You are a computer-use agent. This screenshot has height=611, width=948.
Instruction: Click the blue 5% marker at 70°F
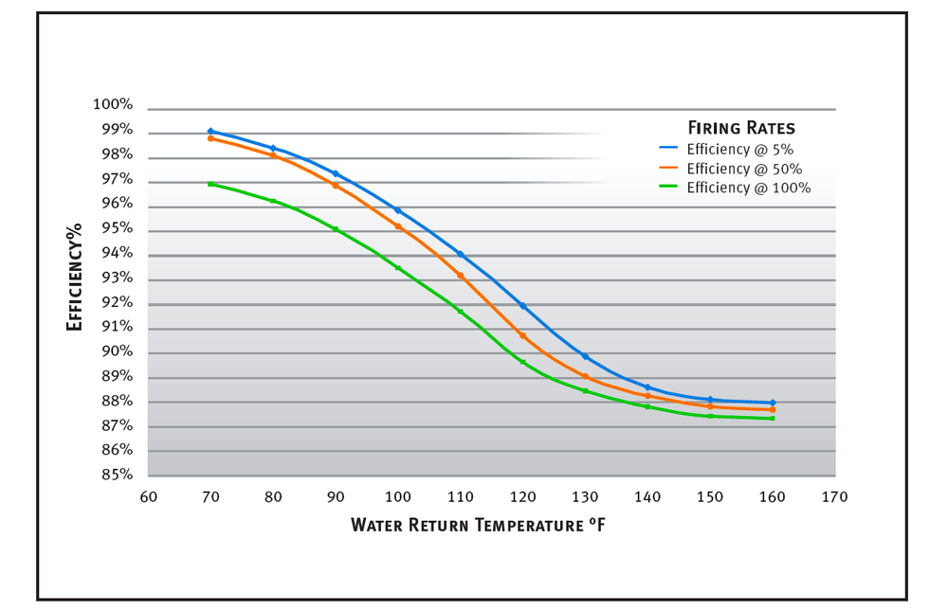[x=210, y=132]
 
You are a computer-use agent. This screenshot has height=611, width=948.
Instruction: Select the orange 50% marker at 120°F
[x=522, y=335]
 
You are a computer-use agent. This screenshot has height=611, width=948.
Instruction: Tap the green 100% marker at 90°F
[x=336, y=229]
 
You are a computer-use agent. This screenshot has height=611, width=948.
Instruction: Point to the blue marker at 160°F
[x=773, y=403]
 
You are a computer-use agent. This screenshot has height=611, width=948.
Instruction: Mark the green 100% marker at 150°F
[x=710, y=416]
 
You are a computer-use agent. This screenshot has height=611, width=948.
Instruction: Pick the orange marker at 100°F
[x=398, y=226]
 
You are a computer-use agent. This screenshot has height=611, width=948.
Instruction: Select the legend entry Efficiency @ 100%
[x=736, y=188]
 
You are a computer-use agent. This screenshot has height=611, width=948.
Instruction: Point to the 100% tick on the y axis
[x=113, y=105]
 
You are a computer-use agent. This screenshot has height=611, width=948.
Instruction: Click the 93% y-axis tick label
[x=117, y=278]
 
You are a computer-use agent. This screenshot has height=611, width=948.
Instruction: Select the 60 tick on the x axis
[x=148, y=496]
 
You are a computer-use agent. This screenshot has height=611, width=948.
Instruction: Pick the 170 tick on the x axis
[x=835, y=496]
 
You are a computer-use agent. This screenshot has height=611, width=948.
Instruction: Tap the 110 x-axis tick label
[x=460, y=496]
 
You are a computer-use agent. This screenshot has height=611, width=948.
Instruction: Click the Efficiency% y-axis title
[x=74, y=277]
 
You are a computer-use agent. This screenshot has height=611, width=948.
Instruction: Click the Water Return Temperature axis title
[x=478, y=524]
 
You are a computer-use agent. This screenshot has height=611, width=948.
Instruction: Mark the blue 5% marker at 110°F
[x=460, y=254]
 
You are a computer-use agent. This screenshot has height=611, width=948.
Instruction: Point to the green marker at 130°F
[x=585, y=390]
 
